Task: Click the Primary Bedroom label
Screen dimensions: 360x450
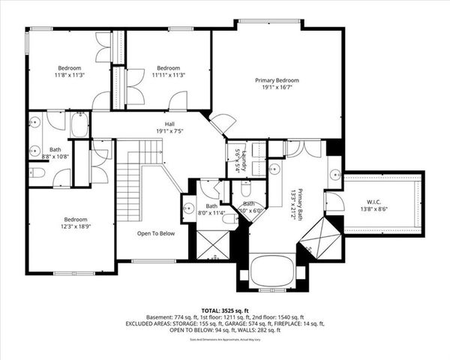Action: point(277,80)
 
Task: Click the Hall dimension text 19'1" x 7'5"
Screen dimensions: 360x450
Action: point(169,131)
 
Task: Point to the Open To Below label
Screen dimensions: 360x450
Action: point(156,233)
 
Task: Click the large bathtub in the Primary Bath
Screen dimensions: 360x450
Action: point(271,271)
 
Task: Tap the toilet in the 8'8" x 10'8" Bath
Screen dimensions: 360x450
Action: point(38,173)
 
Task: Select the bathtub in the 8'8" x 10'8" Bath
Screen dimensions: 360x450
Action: point(80,124)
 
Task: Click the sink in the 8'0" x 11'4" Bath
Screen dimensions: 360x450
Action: point(188,209)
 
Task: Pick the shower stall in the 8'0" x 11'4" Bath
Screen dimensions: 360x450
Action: point(212,244)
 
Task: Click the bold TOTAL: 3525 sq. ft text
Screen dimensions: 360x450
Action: point(225,309)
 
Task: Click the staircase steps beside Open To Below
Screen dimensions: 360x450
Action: point(130,184)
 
